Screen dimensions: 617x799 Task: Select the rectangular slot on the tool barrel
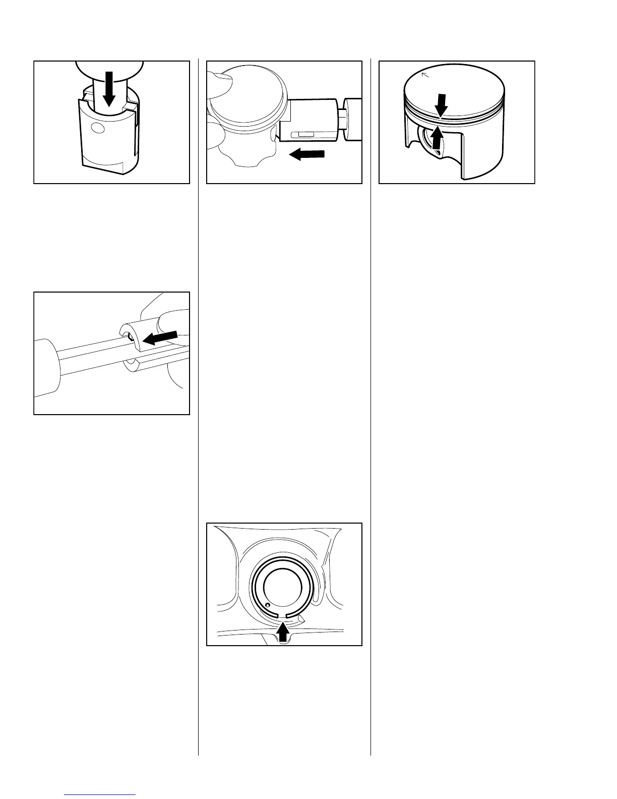click(x=306, y=135)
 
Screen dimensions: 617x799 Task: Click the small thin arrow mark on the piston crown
click(x=424, y=76)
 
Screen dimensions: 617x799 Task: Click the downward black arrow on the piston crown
click(x=441, y=104)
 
